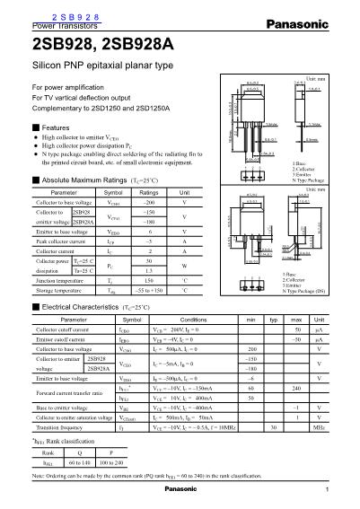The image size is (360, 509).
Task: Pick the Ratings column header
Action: tap(149, 193)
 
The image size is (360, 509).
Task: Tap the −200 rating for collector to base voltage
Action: tap(149, 204)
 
